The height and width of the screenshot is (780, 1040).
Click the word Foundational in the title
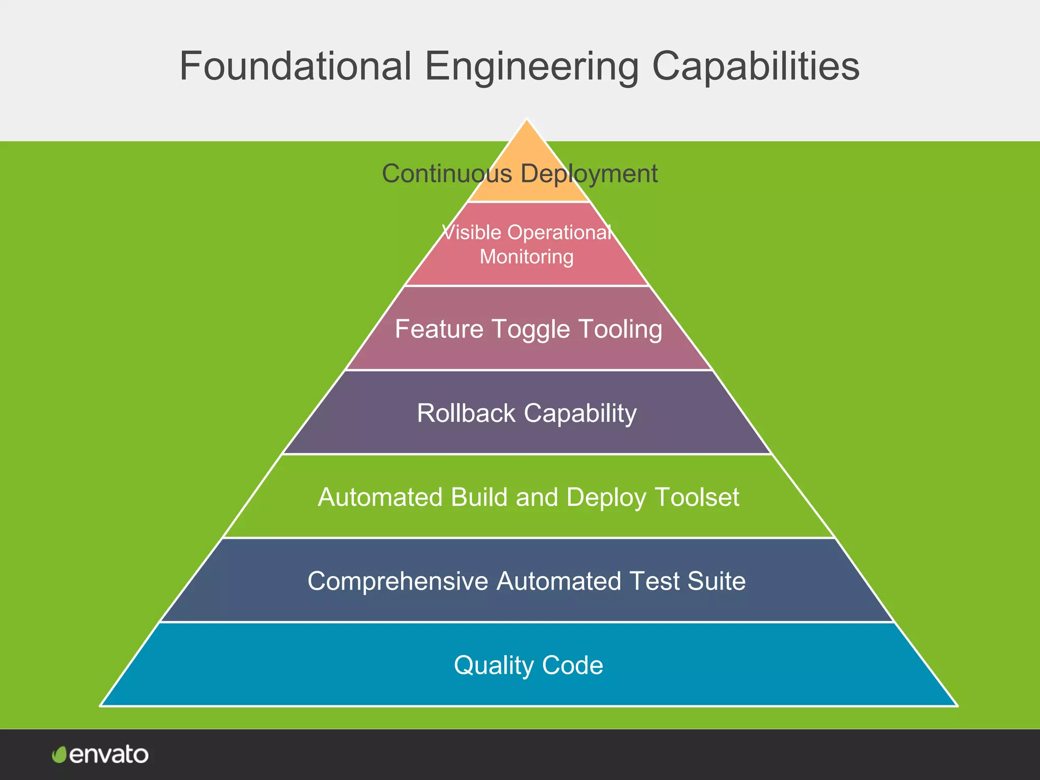(295, 67)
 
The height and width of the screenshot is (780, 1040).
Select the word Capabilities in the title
(755, 67)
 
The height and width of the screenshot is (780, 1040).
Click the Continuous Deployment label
(519, 174)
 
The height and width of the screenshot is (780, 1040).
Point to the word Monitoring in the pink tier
(527, 256)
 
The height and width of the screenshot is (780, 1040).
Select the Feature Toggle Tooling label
(528, 329)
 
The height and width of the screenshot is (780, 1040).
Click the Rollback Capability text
(527, 413)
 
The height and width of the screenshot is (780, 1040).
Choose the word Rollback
(466, 413)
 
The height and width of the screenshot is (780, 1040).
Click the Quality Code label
(528, 665)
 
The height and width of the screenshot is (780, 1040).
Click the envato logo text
(109, 755)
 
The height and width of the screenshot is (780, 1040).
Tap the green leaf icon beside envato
(59, 755)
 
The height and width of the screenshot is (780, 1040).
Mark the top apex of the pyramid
(527, 121)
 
